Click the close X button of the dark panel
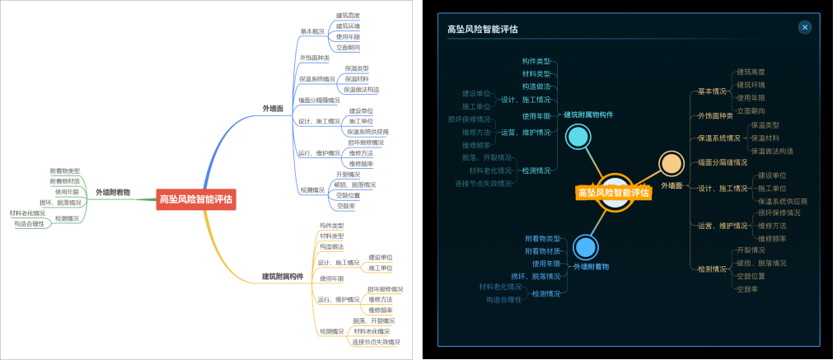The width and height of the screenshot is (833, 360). coord(805,27)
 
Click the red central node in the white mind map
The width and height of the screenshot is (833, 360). coord(196,199)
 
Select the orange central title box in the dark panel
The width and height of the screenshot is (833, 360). coord(613,193)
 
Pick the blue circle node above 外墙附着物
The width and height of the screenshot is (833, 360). coord(585,246)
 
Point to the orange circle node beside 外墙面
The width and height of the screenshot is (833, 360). coord(671,163)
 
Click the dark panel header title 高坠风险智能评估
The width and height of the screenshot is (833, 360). coord(483,30)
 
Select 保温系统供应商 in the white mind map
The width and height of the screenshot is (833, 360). coord(367,132)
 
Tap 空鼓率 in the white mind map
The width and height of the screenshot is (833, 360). coord(345,206)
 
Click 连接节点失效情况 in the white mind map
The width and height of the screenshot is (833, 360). coord(376,342)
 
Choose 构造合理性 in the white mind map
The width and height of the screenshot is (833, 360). coord(30,224)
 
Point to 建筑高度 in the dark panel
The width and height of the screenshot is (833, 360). coord(751,72)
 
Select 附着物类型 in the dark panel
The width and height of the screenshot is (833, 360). coord(543,238)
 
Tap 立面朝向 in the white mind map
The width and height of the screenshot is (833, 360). coord(348,47)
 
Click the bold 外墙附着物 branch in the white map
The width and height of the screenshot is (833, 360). coord(113,192)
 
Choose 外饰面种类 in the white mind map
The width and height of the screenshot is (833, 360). coord(314,58)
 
